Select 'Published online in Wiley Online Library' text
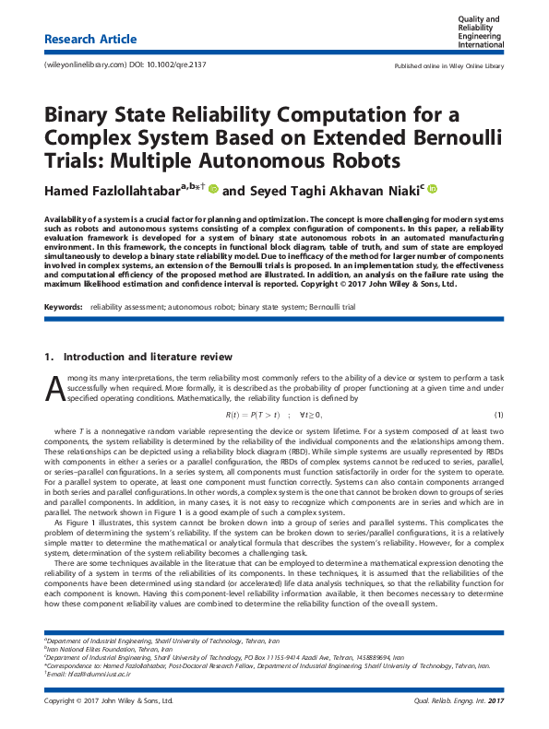click(x=449, y=66)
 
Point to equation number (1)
click(x=498, y=416)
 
